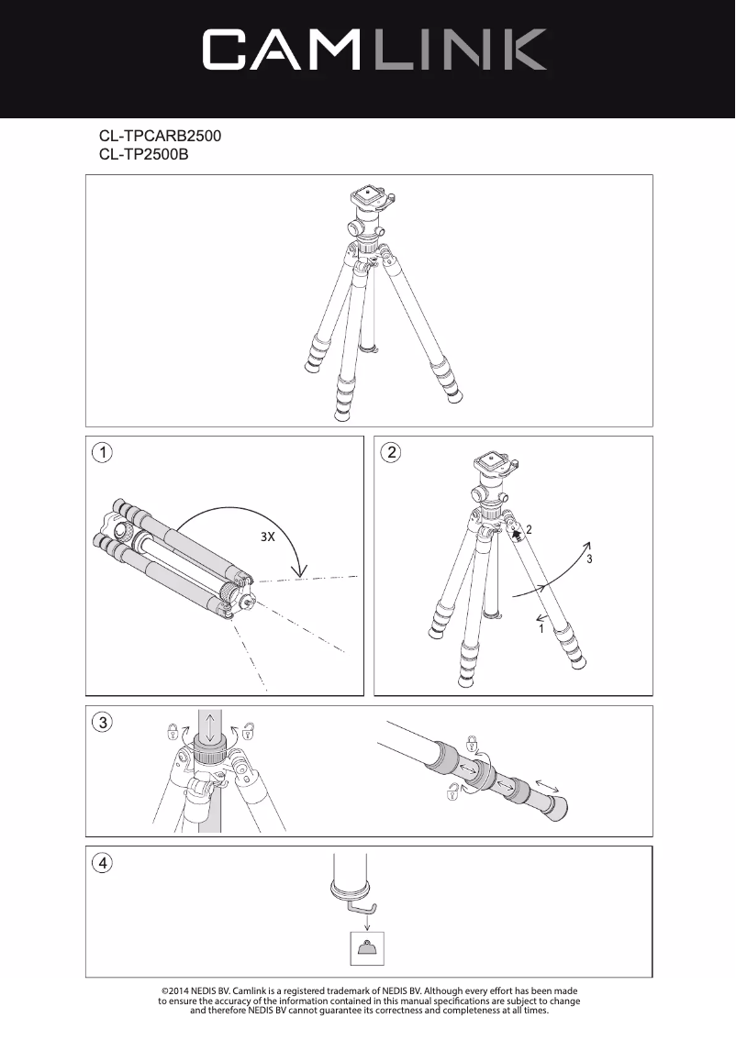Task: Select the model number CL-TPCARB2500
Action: point(161,136)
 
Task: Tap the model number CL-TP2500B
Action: point(143,155)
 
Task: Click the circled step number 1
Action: point(104,453)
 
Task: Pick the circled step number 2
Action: point(392,453)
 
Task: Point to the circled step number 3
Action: point(104,723)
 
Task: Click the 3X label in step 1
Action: point(267,537)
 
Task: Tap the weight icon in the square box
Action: point(366,949)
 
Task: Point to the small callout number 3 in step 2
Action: point(590,559)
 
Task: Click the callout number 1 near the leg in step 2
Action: point(541,630)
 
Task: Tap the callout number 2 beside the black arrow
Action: point(530,530)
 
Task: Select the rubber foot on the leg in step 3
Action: point(556,808)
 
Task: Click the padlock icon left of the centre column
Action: point(172,731)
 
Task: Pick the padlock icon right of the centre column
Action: point(249,731)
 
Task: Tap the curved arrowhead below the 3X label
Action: point(299,572)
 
